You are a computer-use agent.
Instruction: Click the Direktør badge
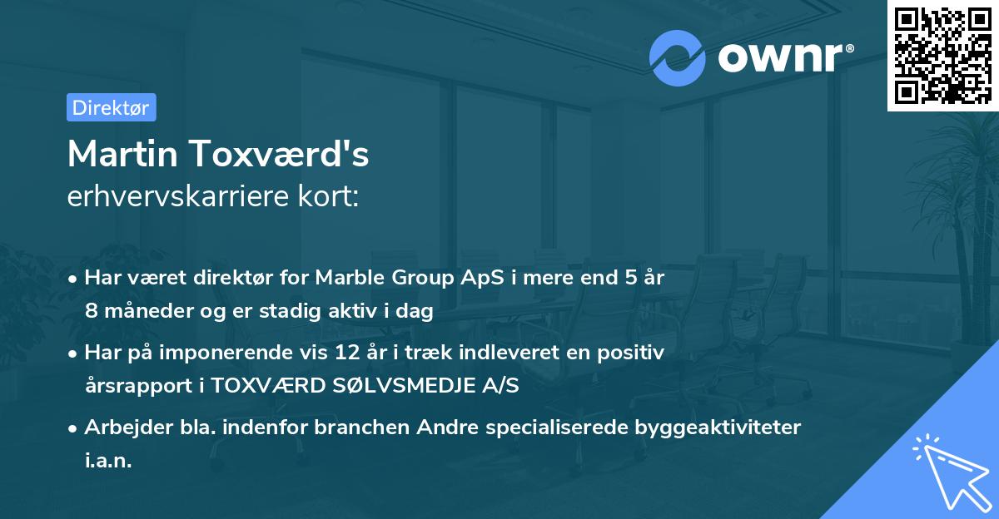tap(111, 107)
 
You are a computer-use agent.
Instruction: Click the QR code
tap(942, 56)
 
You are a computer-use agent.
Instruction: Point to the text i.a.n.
tap(108, 460)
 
